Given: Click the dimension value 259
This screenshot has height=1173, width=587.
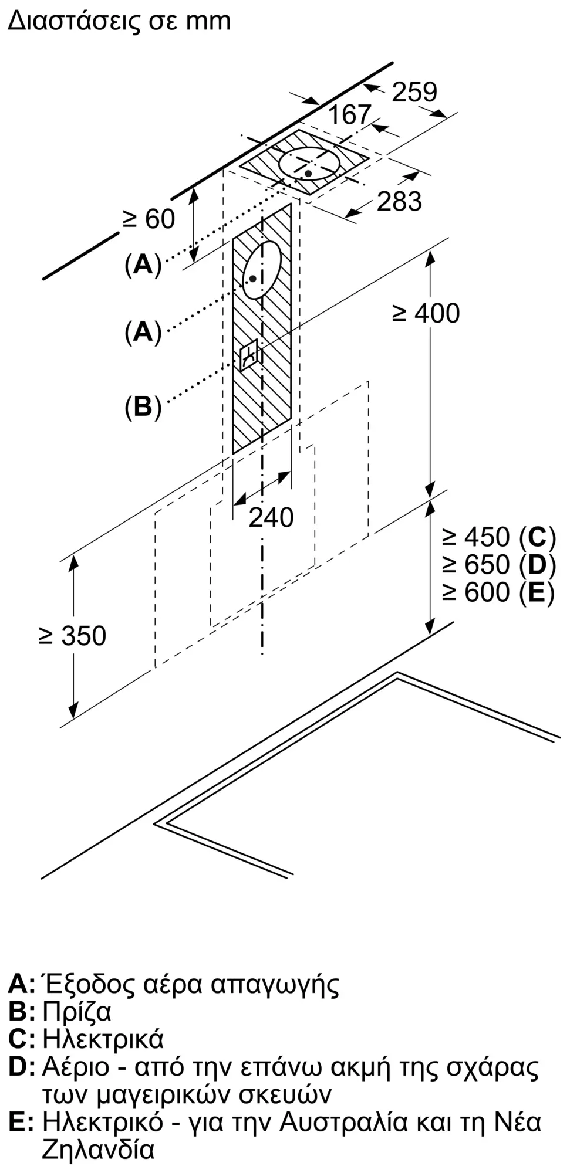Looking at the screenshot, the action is [414, 92].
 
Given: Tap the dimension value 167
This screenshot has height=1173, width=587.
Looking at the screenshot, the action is [349, 114].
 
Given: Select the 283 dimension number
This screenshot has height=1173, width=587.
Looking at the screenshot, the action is [399, 201].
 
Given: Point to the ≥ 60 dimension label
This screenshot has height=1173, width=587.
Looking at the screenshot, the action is [149, 219].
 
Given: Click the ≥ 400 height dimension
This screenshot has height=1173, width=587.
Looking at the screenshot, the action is [426, 313].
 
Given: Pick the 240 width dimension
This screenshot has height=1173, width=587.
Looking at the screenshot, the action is [271, 517].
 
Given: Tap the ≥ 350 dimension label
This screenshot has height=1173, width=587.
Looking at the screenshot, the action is [72, 636].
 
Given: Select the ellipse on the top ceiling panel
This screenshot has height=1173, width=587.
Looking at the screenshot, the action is [309, 164].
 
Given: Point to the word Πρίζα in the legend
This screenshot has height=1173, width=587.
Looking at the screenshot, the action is [77, 1012].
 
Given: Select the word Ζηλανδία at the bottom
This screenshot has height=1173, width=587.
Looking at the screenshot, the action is [97, 1150].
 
